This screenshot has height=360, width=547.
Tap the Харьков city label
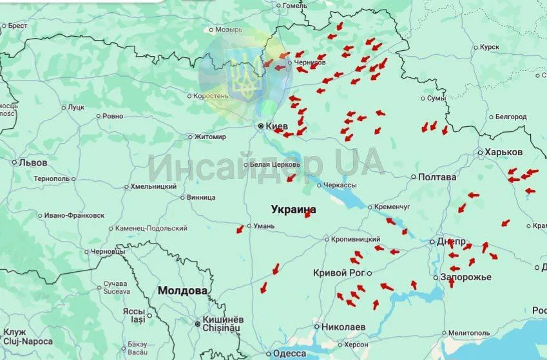503,152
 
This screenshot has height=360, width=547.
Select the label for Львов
33,163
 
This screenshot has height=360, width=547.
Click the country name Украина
294,210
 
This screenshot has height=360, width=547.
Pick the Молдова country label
183,290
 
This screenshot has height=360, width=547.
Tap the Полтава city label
437,177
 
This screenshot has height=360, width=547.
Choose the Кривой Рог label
339,272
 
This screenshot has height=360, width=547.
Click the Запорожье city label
466,277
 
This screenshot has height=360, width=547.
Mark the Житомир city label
210,137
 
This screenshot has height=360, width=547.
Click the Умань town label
264,226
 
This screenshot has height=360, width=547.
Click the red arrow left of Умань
240,228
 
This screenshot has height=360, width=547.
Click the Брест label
17,26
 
